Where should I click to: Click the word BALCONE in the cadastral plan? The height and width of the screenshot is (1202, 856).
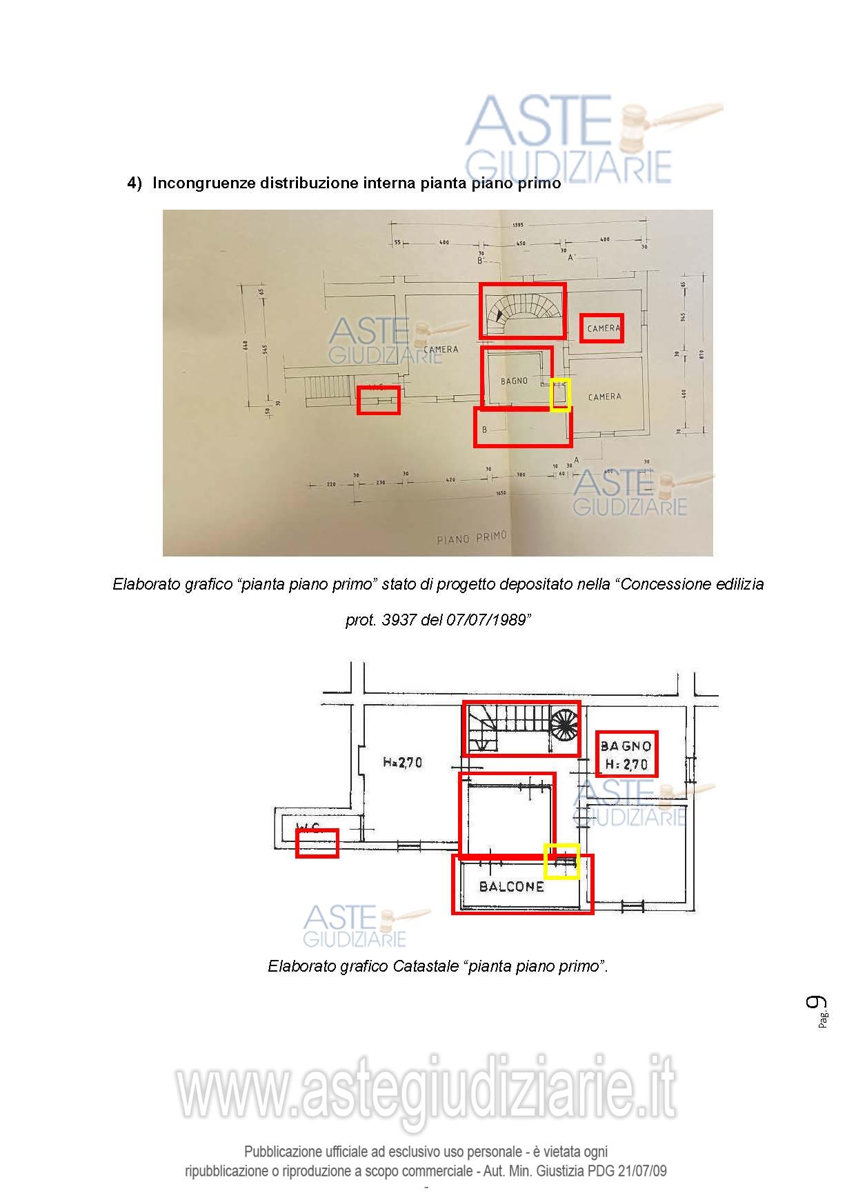pos(511,887)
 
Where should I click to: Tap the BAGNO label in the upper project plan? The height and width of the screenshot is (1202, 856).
pos(514,381)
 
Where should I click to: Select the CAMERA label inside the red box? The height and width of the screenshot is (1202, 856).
pos(603,328)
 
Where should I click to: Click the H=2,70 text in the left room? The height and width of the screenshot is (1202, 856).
pos(402,763)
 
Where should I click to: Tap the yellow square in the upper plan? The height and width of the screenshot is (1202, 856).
pos(560,394)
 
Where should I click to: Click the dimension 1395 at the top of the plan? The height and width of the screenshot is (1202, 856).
pos(518,225)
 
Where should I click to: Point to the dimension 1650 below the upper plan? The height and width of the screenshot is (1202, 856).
pos(501,494)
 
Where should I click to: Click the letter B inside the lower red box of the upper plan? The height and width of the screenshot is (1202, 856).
pos(484,430)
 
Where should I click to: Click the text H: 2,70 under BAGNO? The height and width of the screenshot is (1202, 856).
pos(626,764)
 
